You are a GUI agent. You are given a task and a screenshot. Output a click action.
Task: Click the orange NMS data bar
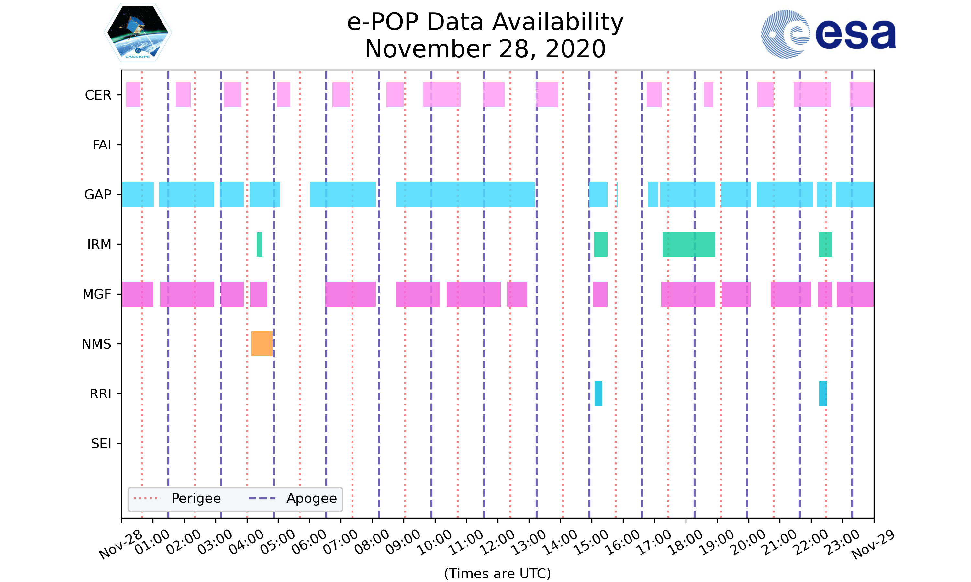[x=262, y=344]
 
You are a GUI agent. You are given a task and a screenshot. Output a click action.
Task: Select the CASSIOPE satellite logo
[x=138, y=33]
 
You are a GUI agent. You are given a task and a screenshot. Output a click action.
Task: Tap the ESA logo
[x=828, y=34]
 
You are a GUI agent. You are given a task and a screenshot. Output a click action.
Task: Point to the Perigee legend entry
[x=177, y=499]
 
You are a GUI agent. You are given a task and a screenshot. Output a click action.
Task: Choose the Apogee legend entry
[x=293, y=499]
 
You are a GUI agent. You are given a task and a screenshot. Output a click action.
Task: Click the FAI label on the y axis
[x=102, y=145]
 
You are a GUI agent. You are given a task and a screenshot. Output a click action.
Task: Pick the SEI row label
[x=101, y=444]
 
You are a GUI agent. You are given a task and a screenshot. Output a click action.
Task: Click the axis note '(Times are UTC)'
[x=497, y=573]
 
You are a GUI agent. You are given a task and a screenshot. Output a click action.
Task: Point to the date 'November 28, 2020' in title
[x=485, y=49]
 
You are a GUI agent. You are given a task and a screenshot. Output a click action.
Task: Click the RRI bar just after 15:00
[x=598, y=393]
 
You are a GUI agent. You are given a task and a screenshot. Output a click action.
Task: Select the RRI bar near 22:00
[x=823, y=393]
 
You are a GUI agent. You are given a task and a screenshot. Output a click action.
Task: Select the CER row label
[x=98, y=95]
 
